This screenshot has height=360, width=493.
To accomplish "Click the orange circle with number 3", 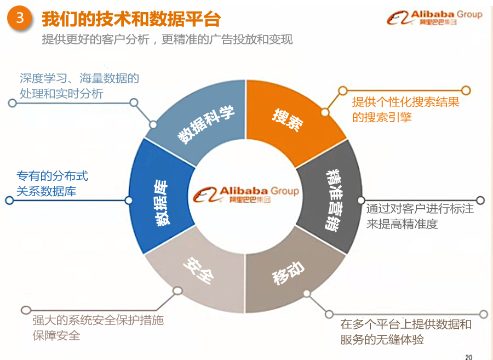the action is (x=20, y=18).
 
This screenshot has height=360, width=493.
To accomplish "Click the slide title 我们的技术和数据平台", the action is (x=131, y=19).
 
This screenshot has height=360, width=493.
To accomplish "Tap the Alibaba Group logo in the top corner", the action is (x=434, y=18).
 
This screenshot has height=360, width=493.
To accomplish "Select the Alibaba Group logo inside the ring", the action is (x=245, y=195).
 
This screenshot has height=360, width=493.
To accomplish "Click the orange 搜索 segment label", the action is (x=288, y=120).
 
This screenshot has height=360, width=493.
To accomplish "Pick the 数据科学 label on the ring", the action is (x=206, y=124).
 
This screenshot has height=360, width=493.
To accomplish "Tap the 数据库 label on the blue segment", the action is (x=162, y=203).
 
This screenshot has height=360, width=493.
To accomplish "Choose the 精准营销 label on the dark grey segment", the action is (x=334, y=201).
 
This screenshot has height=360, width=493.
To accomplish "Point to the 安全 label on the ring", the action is (x=199, y=271).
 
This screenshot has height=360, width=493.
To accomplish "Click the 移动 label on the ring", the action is (x=288, y=273).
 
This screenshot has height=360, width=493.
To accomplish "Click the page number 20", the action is (x=469, y=357).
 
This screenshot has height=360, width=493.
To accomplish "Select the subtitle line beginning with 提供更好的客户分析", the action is (x=167, y=39).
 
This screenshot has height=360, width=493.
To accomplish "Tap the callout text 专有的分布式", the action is (x=52, y=176).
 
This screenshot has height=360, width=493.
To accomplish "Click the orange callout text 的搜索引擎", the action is (x=382, y=117).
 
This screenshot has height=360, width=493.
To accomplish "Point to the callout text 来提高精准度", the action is (x=402, y=224).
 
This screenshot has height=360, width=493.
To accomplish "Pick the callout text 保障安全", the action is (x=56, y=335).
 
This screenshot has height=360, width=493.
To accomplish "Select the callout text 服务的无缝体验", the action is (x=382, y=340).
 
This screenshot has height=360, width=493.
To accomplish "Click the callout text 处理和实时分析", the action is (x=61, y=94).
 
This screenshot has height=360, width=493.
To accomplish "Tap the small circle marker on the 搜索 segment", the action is (x=325, y=112).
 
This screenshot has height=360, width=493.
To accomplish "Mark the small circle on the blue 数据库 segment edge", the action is (x=129, y=201).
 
